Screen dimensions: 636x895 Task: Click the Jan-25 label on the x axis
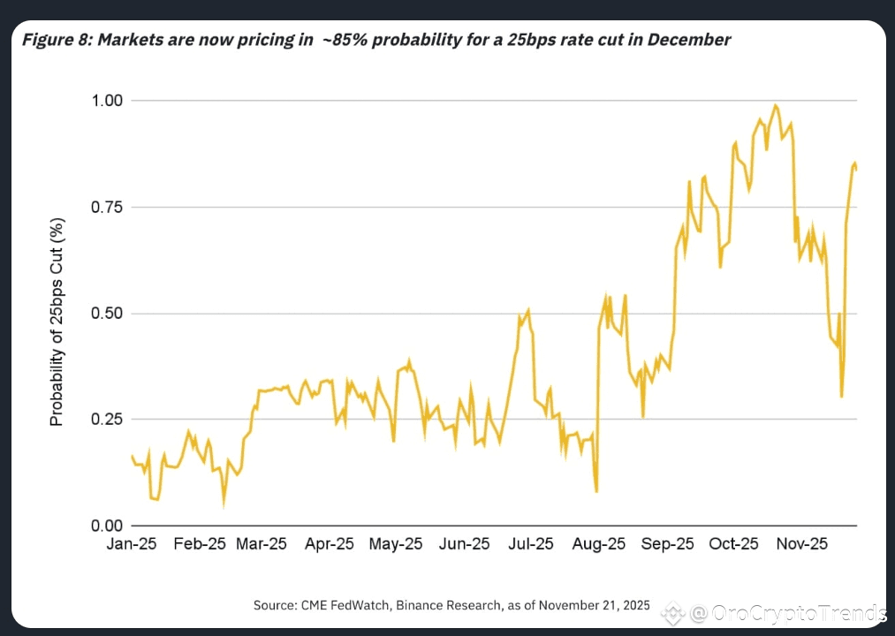[x=131, y=544]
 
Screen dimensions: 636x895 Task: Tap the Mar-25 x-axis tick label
[x=262, y=544]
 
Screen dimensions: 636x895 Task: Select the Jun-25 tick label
[x=464, y=544]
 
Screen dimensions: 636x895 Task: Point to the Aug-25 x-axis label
[x=598, y=544]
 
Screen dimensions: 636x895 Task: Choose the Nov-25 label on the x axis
[x=802, y=544]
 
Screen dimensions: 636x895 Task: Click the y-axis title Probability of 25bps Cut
[x=57, y=322]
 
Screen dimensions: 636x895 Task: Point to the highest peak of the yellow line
[x=776, y=106]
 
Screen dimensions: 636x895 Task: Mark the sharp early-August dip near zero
[x=597, y=491]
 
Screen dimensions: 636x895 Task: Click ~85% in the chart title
[x=341, y=40]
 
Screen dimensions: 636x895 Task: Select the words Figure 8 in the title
[x=53, y=40]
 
